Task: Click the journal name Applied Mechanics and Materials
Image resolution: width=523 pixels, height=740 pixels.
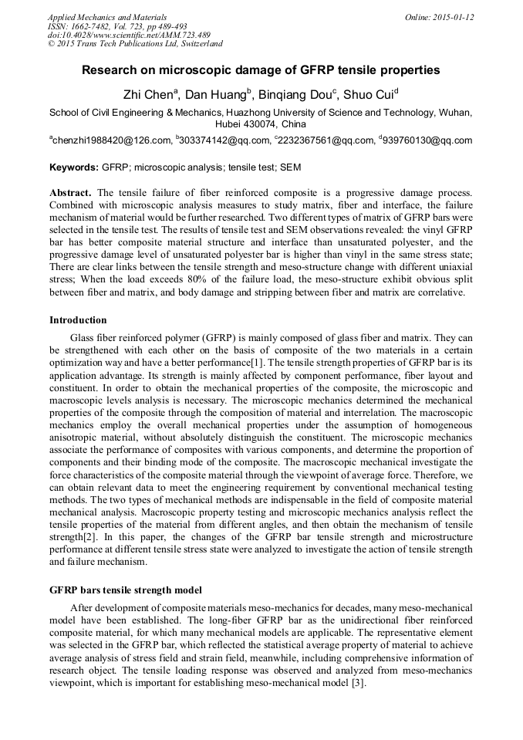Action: tap(106, 17)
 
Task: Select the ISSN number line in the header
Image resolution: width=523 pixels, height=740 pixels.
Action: tap(117, 26)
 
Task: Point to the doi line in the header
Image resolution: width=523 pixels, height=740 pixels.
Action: tap(128, 35)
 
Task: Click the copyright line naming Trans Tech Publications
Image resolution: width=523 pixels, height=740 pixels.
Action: tap(135, 44)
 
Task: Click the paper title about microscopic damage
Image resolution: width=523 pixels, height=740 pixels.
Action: tap(261, 70)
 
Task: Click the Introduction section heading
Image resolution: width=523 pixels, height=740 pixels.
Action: tap(78, 319)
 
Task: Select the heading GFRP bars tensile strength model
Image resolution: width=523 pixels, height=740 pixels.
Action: tap(126, 590)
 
